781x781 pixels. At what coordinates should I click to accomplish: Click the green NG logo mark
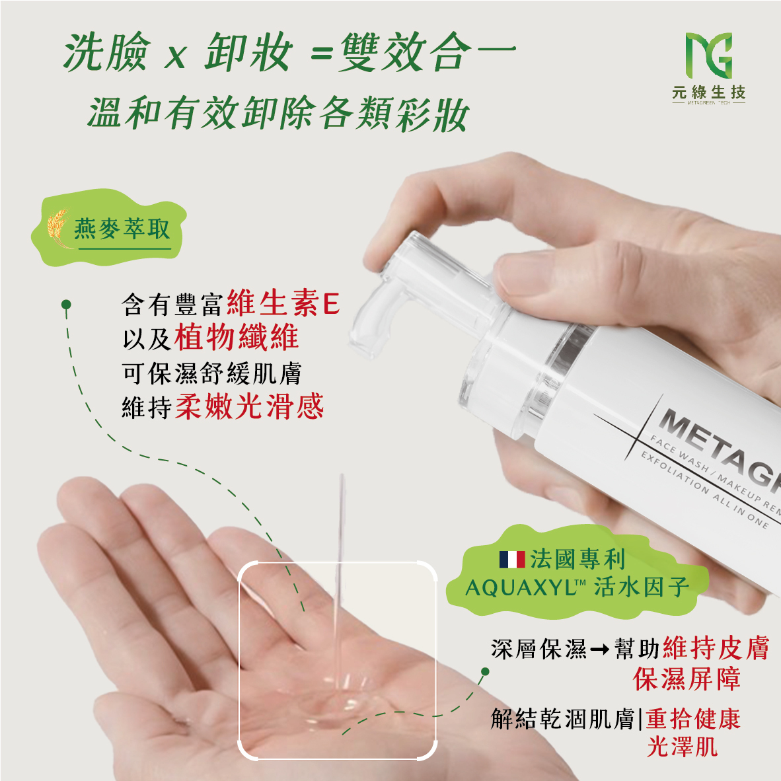pos(709,56)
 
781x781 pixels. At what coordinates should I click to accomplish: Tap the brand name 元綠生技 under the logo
pos(708,92)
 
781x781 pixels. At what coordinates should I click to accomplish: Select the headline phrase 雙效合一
pos(428,52)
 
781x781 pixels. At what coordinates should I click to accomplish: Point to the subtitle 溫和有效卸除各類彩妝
pos(278,114)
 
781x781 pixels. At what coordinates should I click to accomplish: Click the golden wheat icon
pos(57,228)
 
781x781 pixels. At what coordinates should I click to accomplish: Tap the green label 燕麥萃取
pos(122,229)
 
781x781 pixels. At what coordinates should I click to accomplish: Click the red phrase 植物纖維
pos(237,337)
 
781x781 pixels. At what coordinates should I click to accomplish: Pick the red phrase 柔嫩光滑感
pos(250,406)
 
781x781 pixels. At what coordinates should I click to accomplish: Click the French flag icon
pos(512,560)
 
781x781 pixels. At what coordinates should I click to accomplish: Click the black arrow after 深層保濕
pos(599,649)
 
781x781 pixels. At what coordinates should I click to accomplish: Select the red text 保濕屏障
pos(687,679)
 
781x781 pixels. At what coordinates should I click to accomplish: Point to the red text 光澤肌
pos(683,746)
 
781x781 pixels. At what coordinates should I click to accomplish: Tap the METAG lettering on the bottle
pos(720,447)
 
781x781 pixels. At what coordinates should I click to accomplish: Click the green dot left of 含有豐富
pos(66,304)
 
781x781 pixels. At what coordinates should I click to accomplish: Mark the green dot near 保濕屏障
pos(484,672)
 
